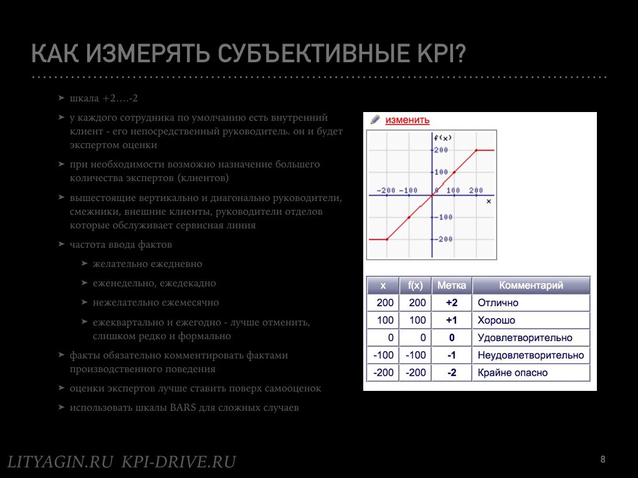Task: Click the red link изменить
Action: [407, 120]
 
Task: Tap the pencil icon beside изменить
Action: [374, 119]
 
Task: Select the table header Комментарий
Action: [531, 285]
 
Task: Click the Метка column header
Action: [452, 285]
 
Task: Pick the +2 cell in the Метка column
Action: [452, 303]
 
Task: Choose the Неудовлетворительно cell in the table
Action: [531, 355]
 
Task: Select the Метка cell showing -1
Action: [452, 355]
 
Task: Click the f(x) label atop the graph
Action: [443, 138]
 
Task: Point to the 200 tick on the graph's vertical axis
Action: [440, 150]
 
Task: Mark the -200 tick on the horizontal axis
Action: [386, 190]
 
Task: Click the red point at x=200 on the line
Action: [476, 151]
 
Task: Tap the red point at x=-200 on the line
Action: [387, 240]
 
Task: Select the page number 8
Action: [602, 459]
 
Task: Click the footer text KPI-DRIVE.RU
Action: [179, 462]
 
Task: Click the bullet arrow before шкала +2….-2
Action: [62, 98]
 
